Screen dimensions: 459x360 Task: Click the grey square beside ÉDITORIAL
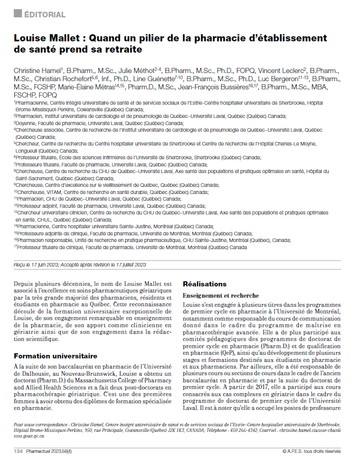click(17, 14)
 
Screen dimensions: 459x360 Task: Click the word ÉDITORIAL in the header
click(45, 15)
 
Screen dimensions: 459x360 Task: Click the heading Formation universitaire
click(56, 356)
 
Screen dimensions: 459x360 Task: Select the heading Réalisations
click(204, 284)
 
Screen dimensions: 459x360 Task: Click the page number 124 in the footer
click(18, 451)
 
